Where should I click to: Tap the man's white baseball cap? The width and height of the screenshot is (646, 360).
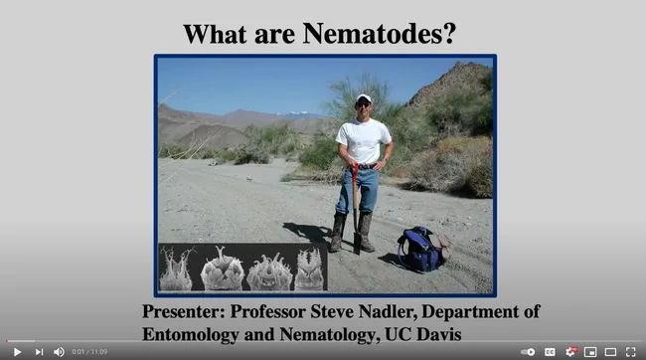click(x=363, y=98)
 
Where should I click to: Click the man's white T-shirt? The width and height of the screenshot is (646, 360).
click(x=364, y=140)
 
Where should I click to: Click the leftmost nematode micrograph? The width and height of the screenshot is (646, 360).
click(x=177, y=269)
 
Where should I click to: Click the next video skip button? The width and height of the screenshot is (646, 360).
click(x=39, y=351)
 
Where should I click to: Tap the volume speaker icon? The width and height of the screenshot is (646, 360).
click(x=59, y=351)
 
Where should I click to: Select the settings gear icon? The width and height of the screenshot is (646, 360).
click(x=570, y=351)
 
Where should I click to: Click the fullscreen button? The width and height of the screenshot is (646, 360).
click(x=630, y=351)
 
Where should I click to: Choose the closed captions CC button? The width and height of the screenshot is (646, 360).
click(x=550, y=351)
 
